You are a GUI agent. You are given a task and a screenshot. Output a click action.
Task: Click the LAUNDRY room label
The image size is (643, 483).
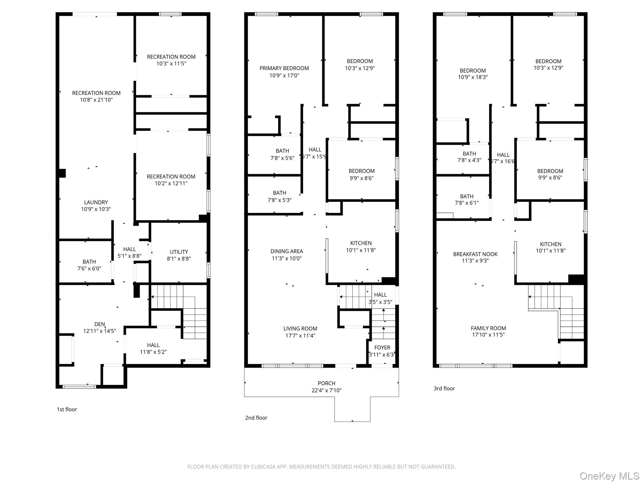(x=96, y=202)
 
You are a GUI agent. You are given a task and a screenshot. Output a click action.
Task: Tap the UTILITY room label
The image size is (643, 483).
(x=179, y=252)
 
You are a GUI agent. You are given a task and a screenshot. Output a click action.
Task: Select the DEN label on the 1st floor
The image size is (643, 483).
(x=100, y=324)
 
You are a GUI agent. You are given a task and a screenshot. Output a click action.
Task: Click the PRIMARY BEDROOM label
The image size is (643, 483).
(x=284, y=68)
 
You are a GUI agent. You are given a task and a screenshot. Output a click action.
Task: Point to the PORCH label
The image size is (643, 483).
(x=327, y=383)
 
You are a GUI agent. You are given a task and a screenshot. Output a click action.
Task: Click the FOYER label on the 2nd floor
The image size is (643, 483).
(x=382, y=347)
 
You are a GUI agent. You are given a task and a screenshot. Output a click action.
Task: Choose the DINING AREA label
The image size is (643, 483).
(x=287, y=251)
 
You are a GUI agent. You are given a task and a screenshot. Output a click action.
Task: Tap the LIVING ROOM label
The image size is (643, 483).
(x=300, y=329)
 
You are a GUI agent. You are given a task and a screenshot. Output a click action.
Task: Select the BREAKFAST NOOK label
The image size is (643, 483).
(x=475, y=254)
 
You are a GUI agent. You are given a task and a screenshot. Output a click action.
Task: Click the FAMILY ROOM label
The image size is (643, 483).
(x=488, y=328)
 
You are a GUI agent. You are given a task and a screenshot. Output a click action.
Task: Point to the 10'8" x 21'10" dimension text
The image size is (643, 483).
(x=96, y=100)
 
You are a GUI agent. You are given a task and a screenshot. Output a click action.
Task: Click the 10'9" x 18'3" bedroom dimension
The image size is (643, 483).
(x=473, y=77)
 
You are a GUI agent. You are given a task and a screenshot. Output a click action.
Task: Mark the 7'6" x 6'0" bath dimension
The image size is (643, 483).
(x=89, y=269)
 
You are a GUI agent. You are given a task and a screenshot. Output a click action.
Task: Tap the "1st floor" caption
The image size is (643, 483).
(x=67, y=409)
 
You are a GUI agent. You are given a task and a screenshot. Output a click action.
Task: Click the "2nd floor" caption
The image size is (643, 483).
(x=256, y=418)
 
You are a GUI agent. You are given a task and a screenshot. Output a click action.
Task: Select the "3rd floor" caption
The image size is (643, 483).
(x=444, y=389)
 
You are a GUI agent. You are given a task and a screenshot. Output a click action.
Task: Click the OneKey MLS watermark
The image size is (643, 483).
(x=609, y=476)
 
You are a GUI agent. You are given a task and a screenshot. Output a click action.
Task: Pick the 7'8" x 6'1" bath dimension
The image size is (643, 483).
(x=467, y=203)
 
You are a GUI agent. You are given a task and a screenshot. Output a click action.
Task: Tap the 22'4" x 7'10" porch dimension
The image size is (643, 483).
(x=327, y=391)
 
